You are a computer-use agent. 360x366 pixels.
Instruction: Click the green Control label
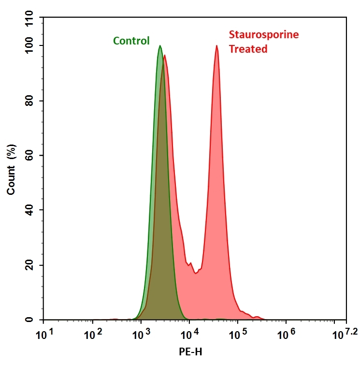(131, 41)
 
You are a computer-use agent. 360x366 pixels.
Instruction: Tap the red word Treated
(248, 49)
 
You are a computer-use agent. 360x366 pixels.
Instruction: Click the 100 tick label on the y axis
(30, 46)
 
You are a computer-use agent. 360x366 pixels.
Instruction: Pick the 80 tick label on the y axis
(32, 101)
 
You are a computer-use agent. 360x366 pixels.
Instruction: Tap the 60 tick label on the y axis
(32, 156)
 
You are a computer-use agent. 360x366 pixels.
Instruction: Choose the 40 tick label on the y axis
(32, 210)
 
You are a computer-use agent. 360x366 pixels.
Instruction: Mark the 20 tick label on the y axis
(32, 265)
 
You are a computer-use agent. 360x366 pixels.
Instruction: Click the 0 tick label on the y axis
(35, 320)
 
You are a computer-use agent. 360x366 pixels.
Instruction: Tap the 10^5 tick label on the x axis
(238, 334)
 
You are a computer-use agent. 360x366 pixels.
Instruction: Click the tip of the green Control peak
(160, 46)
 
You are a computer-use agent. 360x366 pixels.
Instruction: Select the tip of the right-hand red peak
(216, 46)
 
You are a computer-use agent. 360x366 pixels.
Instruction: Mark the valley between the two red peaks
(196, 273)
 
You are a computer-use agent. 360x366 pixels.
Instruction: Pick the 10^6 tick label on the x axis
(286, 334)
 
